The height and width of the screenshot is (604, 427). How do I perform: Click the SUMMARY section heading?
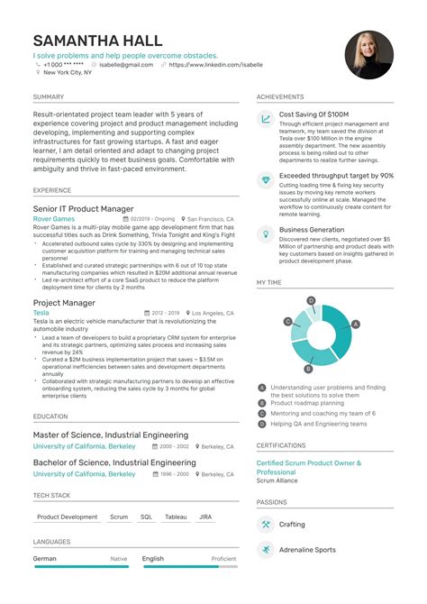(x=49, y=96)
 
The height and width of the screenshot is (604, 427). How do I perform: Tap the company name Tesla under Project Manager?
(x=42, y=314)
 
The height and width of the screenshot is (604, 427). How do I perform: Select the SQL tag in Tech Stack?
(x=146, y=517)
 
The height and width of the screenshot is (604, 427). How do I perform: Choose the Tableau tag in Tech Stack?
(x=177, y=517)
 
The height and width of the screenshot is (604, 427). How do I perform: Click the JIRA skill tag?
(x=205, y=517)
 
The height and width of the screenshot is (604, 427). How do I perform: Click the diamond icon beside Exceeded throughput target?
(x=267, y=180)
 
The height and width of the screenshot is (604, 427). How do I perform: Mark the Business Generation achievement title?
(x=312, y=230)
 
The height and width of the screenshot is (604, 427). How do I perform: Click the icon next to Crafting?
(x=267, y=524)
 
